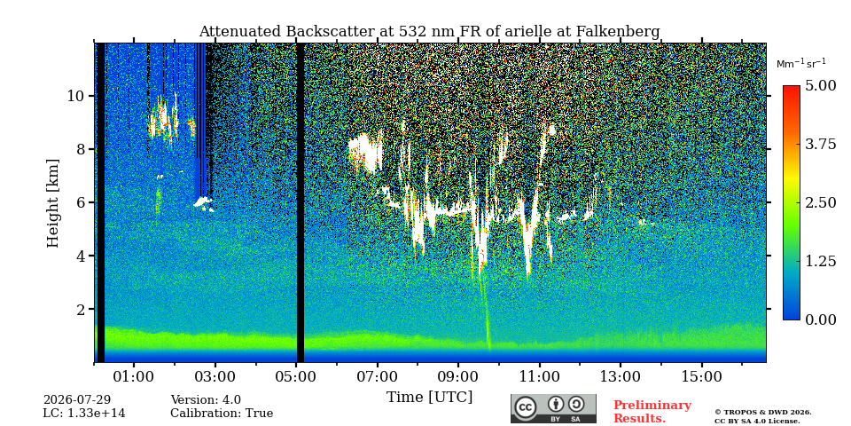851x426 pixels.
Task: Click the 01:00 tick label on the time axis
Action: (134, 377)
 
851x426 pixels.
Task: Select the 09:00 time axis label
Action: (458, 377)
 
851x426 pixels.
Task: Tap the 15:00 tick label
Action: (702, 377)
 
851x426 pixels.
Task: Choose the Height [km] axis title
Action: (52, 203)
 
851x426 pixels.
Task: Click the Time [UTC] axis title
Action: (429, 398)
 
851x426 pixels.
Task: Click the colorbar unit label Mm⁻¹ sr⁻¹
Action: (801, 64)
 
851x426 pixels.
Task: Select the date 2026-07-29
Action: (77, 400)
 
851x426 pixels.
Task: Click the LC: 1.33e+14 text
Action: (84, 414)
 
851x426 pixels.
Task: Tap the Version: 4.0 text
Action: (206, 400)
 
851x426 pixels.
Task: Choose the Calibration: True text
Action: (222, 414)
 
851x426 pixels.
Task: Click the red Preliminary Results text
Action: (652, 412)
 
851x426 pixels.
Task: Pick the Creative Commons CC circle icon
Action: (526, 407)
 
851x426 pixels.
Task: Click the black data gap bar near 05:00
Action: (301, 202)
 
